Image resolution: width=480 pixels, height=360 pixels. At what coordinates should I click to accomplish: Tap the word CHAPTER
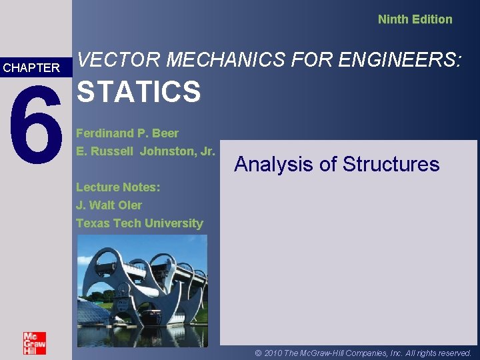click(x=31, y=67)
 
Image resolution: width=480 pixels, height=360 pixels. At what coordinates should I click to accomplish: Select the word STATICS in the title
click(x=139, y=92)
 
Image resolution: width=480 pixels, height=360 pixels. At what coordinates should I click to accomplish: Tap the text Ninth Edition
click(x=415, y=19)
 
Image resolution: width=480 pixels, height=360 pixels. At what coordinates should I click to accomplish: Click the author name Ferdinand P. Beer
click(x=127, y=133)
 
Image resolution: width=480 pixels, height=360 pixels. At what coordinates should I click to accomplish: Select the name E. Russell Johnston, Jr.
click(x=145, y=151)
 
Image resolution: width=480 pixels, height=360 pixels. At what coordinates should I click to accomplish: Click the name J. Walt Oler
click(x=109, y=205)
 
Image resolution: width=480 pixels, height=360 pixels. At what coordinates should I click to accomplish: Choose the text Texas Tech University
click(x=139, y=223)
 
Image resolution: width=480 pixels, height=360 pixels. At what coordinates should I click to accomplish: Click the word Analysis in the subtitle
click(x=273, y=165)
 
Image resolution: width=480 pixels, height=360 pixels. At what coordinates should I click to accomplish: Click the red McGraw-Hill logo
click(x=35, y=343)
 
